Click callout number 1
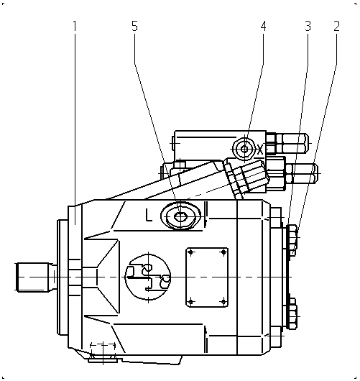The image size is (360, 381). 75,26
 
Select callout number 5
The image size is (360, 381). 134,26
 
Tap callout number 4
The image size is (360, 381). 263,26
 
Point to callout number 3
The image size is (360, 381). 308,26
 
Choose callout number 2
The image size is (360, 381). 336,26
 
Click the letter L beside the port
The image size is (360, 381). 149,215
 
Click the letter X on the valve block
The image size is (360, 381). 260,150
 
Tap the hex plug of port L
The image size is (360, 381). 180,216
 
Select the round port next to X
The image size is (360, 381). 244,149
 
